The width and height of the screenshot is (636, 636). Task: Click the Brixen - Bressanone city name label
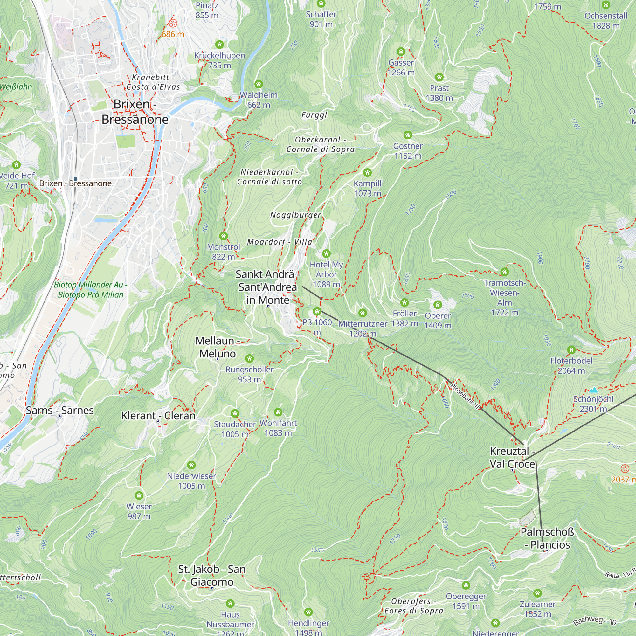click(x=135, y=112)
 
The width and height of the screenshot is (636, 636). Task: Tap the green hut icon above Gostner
click(x=408, y=135)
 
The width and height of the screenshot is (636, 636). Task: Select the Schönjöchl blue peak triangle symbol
click(x=593, y=390)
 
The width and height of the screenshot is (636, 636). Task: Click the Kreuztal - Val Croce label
click(x=512, y=457)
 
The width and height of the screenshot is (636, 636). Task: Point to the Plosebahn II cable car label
click(x=465, y=396)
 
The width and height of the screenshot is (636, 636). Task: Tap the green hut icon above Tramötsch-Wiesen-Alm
click(x=504, y=272)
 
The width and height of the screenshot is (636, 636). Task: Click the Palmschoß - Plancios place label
click(x=547, y=538)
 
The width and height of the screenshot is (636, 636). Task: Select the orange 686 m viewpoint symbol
click(x=173, y=23)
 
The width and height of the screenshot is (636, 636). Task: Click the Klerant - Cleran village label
click(x=158, y=415)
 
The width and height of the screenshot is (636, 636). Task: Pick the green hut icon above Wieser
click(x=139, y=495)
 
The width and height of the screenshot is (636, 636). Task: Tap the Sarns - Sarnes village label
click(x=59, y=410)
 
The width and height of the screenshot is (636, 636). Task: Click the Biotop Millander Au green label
click(x=91, y=289)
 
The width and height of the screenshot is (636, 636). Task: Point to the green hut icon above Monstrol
click(x=224, y=236)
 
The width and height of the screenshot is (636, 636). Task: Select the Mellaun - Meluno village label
click(x=217, y=347)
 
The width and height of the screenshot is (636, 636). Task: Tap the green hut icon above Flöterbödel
click(x=571, y=349)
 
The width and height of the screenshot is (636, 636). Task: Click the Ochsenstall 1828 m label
click(x=606, y=20)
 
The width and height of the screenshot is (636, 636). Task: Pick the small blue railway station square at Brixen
click(x=75, y=179)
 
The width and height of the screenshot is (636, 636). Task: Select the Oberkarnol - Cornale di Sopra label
click(x=320, y=144)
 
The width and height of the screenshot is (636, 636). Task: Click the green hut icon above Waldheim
click(x=259, y=84)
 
